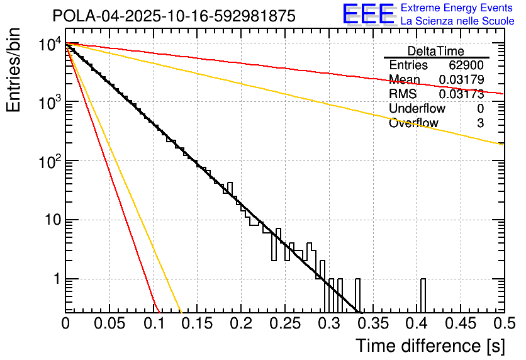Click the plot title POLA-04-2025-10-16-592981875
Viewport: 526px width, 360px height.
point(174,16)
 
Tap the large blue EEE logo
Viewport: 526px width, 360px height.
point(368,14)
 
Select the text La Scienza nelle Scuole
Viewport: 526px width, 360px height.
point(457,21)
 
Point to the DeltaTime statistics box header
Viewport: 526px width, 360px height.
point(436,51)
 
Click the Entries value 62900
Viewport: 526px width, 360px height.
point(466,65)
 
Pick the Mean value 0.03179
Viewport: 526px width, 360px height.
point(461,80)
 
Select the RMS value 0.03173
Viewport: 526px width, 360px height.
point(461,94)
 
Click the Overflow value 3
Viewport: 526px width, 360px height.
point(480,123)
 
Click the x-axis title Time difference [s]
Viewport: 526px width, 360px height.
point(429,346)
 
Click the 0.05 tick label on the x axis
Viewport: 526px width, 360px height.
point(109,323)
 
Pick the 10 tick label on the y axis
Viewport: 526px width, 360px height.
point(50,220)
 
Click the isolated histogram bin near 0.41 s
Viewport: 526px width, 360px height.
point(423,295)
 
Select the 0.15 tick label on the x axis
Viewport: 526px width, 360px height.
point(197,323)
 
